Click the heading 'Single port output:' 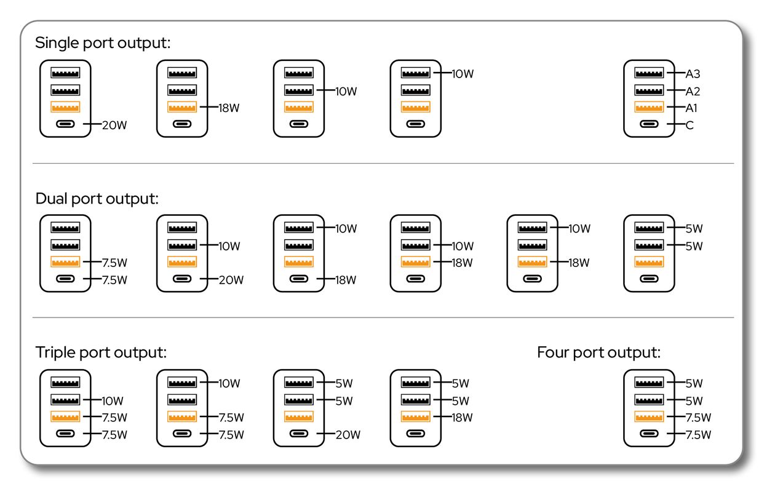click(103, 43)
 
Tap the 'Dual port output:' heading click(97, 199)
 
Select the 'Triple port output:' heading click(101, 352)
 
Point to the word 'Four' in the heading click(553, 352)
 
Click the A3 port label click(693, 74)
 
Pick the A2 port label click(693, 92)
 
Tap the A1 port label click(691, 108)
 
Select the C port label click(690, 125)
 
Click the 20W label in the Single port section click(114, 125)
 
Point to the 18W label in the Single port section click(229, 108)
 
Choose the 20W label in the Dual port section click(231, 280)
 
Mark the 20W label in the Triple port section click(348, 435)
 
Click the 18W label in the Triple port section click(463, 418)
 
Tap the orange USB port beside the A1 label click(649, 107)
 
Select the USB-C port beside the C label click(649, 124)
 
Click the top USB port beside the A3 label click(649, 73)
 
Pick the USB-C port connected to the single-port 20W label click(65, 124)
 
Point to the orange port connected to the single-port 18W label click(182, 107)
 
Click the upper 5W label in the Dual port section click(694, 228)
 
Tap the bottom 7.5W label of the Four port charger click(698, 435)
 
